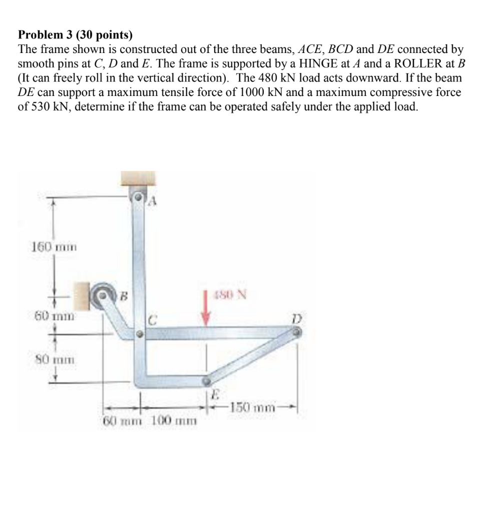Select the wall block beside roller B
pos(82,295)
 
